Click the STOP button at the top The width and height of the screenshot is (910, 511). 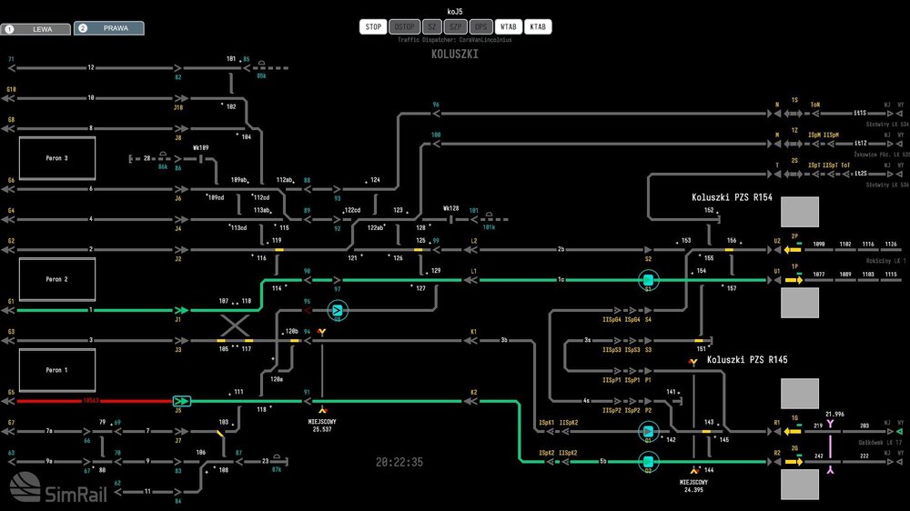pos(373,27)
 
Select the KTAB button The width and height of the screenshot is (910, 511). pos(539,27)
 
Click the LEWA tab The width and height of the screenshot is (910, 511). pos(35,29)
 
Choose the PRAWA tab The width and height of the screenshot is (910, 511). pos(107,28)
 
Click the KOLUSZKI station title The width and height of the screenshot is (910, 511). pos(455,55)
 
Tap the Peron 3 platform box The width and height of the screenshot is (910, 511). pos(57,158)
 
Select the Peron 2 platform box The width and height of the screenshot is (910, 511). pos(57,279)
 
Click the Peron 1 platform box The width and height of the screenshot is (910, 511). pos(57,370)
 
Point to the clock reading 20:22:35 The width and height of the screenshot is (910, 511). pos(399,463)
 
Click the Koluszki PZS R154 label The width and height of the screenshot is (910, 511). pos(732,197)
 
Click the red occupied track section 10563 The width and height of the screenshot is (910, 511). pos(91,401)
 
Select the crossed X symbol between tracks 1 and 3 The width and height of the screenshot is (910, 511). pos(237,326)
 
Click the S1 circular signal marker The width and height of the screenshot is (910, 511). pos(648,280)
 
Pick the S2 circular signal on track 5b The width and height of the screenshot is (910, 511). pos(648,462)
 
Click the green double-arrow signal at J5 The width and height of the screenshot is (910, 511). pos(182,401)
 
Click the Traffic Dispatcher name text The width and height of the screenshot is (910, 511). pos(455,40)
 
